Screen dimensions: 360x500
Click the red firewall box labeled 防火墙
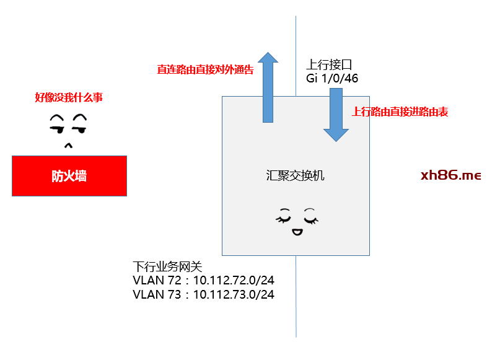[x=69, y=176]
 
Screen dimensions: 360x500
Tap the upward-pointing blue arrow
[x=268, y=87]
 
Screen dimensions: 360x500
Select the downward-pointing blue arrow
[x=336, y=115]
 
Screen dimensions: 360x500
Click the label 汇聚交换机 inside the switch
[x=295, y=176]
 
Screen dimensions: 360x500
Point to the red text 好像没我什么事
[x=69, y=97]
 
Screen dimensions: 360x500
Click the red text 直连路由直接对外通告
[x=205, y=69]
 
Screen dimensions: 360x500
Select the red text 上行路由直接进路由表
[x=400, y=112]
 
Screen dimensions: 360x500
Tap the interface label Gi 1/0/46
[x=332, y=79]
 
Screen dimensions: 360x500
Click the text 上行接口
[x=330, y=64]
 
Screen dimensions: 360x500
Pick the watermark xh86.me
[x=450, y=175]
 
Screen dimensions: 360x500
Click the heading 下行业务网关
[x=168, y=266]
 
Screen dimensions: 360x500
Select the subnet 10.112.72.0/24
[x=234, y=281]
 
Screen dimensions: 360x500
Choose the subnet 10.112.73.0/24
[x=234, y=295]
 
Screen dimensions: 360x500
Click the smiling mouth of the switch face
[x=296, y=232]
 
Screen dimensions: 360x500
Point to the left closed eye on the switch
[x=282, y=217]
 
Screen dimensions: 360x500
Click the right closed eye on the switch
[x=310, y=217]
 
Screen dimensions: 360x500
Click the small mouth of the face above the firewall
[x=69, y=146]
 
